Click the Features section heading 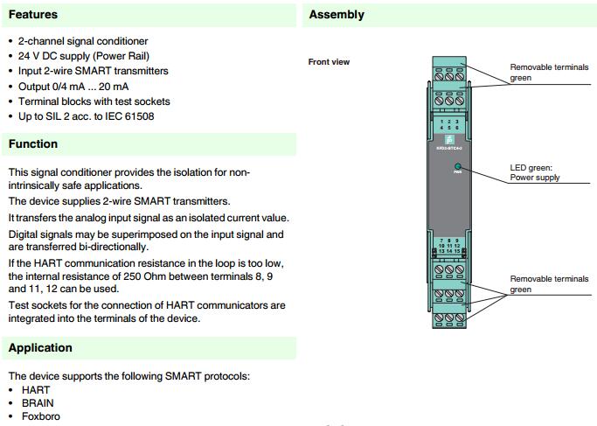(33, 15)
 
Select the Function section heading (33, 143)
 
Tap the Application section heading (40, 347)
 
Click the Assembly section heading (337, 15)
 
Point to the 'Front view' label (329, 62)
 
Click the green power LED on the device (457, 165)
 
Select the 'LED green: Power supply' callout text (535, 172)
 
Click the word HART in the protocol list (36, 390)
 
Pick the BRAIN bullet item (38, 403)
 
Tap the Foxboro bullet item (41, 416)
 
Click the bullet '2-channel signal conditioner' (83, 41)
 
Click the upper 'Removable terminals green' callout (549, 72)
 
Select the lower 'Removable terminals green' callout (549, 283)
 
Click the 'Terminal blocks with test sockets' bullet (95, 101)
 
